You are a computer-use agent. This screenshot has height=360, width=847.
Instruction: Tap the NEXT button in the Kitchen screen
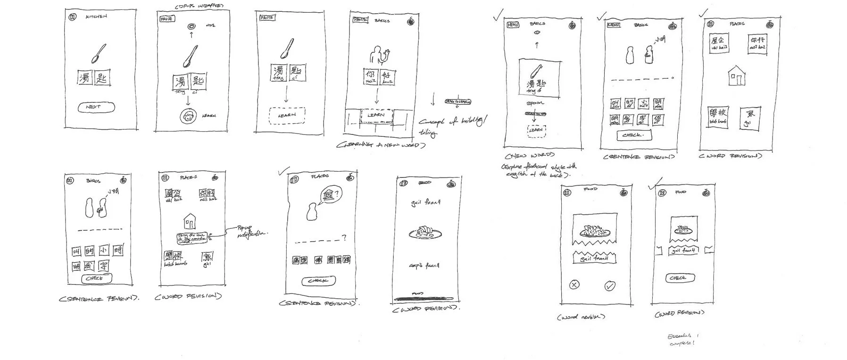(96, 107)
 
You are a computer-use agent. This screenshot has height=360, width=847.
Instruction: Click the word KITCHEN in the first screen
(96, 17)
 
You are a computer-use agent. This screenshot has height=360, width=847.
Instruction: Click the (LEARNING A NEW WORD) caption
(381, 145)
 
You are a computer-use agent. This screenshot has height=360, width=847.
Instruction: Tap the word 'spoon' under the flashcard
(535, 103)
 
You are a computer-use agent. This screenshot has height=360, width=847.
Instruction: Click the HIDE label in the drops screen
(210, 25)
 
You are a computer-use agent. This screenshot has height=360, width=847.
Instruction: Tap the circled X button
(574, 285)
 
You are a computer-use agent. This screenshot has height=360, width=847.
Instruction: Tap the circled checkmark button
(610, 285)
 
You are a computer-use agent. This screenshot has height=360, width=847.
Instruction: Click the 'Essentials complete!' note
(682, 339)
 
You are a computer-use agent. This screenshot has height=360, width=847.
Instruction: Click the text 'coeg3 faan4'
(425, 266)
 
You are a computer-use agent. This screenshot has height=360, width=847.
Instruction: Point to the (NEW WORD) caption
(529, 155)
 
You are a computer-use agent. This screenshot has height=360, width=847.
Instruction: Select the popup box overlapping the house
(192, 238)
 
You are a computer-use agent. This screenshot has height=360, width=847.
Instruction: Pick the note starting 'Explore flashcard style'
(539, 170)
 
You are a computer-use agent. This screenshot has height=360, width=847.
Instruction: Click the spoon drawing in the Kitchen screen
(98, 53)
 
